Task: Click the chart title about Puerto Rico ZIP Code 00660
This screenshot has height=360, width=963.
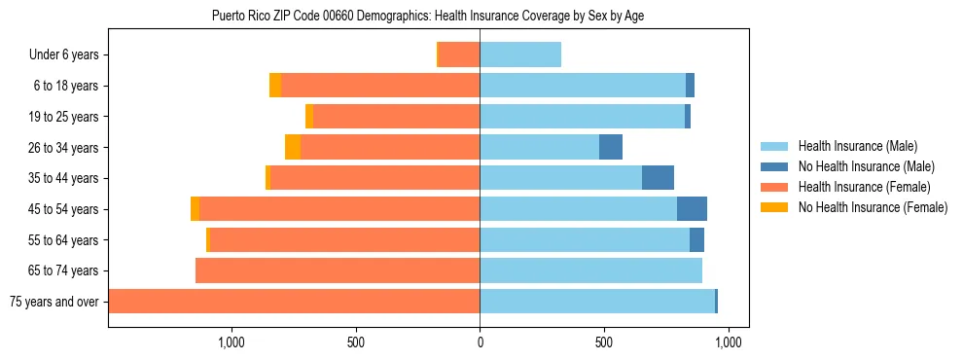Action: (428, 16)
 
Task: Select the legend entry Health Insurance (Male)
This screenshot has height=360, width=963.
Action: (857, 146)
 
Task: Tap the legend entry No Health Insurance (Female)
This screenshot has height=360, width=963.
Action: (873, 207)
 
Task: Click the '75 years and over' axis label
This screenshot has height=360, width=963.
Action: (53, 302)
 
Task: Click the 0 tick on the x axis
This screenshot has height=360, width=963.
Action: (480, 342)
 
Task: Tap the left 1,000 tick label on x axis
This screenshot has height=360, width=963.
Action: (232, 342)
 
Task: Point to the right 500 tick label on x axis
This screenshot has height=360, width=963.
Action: (604, 342)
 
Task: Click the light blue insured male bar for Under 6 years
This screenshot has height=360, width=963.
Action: (520, 55)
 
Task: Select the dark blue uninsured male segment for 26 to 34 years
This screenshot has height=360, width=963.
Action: (611, 148)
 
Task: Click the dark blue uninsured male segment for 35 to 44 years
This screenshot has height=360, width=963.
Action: (658, 178)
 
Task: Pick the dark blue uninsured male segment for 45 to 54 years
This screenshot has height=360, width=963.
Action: (692, 209)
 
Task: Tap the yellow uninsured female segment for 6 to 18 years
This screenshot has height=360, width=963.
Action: (275, 86)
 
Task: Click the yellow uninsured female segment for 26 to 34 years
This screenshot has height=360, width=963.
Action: (293, 148)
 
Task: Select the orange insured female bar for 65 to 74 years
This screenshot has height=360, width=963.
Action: (338, 270)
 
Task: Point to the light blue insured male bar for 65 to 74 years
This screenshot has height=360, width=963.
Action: (590, 270)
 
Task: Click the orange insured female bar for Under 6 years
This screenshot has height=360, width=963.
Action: (459, 55)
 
